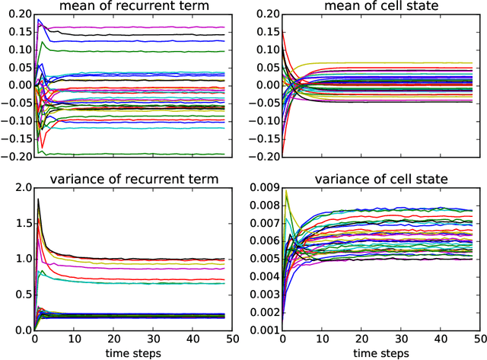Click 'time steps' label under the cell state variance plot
pos(378,353)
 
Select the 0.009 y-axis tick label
pos(260,188)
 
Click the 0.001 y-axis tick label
pos(260,330)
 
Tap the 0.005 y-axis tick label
pos(260,260)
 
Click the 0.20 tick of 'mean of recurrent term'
pos(17,14)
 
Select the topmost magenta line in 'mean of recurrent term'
pos(152,27)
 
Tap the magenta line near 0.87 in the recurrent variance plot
pos(152,268)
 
